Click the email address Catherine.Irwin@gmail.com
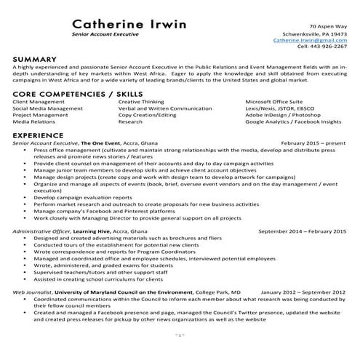312,41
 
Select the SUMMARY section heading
35,58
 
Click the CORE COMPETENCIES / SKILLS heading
77,95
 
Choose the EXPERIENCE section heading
39,135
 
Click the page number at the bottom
180,334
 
